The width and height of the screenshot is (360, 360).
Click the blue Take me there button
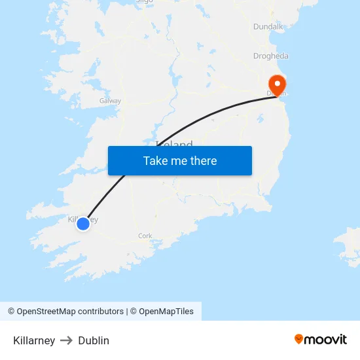180,160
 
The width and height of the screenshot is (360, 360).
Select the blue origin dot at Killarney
83,224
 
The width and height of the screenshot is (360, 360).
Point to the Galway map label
110,101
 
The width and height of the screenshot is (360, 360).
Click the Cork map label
145,236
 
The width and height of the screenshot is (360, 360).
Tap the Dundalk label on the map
268,27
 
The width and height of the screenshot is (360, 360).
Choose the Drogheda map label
270,56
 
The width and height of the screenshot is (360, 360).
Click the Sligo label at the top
144,2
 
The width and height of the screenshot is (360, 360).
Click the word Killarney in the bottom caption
34,340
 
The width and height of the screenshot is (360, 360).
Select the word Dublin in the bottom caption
94,340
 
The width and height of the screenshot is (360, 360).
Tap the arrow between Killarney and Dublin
67,340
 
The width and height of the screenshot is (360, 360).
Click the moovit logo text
326,339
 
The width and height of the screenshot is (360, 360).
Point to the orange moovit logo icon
299,339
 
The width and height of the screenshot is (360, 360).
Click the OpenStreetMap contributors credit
65,312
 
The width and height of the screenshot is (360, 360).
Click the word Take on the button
155,160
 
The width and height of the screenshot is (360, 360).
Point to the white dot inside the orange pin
278,83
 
